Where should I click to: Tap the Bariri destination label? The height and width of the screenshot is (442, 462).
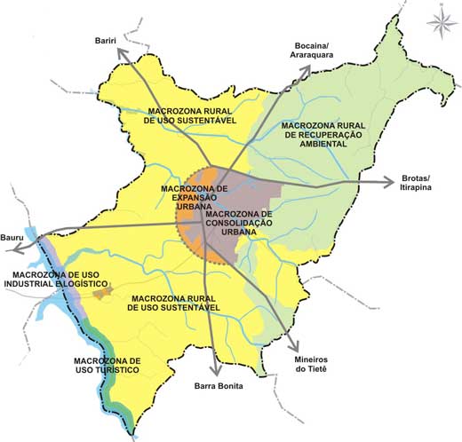click(108, 40)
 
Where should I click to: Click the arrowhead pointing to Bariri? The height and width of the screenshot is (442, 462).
click(121, 55)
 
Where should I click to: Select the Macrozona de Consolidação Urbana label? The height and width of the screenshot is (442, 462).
click(236, 222)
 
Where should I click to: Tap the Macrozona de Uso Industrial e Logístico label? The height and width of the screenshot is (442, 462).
click(50, 281)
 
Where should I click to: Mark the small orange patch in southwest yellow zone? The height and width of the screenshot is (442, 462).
click(105, 291)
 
